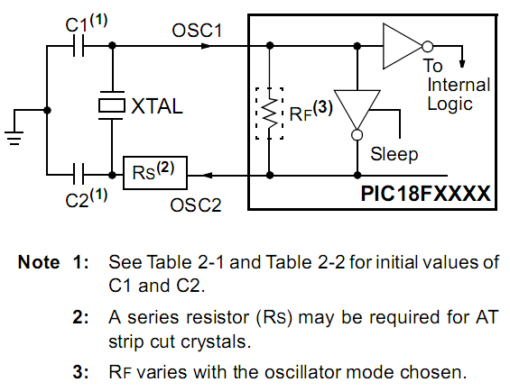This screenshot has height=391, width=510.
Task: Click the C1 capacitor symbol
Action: point(78,46)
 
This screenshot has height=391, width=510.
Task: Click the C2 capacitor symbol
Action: point(78,175)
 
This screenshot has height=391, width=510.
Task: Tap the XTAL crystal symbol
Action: point(112,105)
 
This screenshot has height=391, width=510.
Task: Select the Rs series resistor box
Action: point(155,173)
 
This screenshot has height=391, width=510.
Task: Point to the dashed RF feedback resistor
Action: point(269,114)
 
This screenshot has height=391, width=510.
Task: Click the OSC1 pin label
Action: point(197,31)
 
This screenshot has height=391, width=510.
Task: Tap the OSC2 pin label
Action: point(196,205)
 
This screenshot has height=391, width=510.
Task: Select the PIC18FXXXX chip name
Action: point(425,194)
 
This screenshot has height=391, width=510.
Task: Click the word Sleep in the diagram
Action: point(394,154)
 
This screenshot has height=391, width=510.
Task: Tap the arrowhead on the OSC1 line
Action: point(206,46)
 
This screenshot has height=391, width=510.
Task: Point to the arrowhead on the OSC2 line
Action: point(207,176)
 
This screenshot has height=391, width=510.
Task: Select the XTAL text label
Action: point(157,106)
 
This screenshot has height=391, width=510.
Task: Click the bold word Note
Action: point(39,262)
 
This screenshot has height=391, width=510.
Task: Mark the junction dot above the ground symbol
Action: point(47,110)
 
